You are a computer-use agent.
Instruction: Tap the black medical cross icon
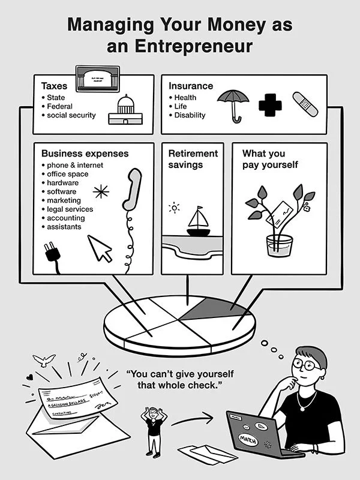click(x=270, y=105)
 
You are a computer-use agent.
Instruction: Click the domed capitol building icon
click(x=125, y=110)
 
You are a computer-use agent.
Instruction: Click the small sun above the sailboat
click(x=174, y=208)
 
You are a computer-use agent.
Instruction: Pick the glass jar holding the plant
click(x=280, y=245)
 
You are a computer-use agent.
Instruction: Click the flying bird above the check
click(x=44, y=360)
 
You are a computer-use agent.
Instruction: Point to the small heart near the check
click(x=29, y=377)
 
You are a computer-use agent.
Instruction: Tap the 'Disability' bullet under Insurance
click(x=190, y=115)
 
